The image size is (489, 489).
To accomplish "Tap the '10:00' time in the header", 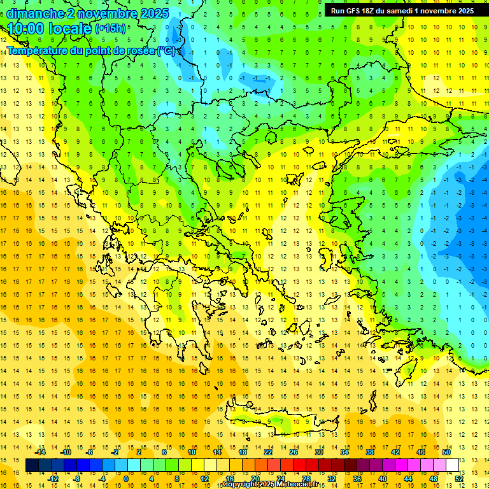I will (x=27, y=29).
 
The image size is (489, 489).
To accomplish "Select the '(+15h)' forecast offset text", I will (x=110, y=29).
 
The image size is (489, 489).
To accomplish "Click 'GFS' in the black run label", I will (x=351, y=11).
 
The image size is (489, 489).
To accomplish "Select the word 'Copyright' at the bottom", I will (x=240, y=485).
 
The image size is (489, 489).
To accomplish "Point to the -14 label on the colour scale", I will (x=40, y=452).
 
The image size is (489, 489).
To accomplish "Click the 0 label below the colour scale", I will (x=125, y=479).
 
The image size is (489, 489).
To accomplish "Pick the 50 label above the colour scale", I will (x=446, y=452).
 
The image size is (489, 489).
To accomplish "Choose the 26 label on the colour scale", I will (x=294, y=452).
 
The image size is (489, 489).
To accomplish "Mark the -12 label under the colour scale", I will (x=53, y=479).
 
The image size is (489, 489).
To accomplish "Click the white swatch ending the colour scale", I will (x=453, y=465).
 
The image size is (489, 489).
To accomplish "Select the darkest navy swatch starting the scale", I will (x=32, y=465).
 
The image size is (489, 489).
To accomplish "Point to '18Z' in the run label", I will (x=367, y=11).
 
